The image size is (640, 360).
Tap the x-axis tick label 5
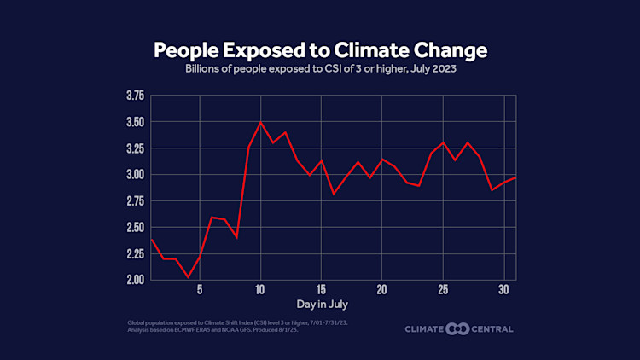(x=200, y=288)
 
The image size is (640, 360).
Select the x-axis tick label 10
(x=260, y=288)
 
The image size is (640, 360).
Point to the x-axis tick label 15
(x=321, y=288)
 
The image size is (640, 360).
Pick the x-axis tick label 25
(x=443, y=288)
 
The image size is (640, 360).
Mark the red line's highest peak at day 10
(x=260, y=122)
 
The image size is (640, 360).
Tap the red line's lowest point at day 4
(x=188, y=276)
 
